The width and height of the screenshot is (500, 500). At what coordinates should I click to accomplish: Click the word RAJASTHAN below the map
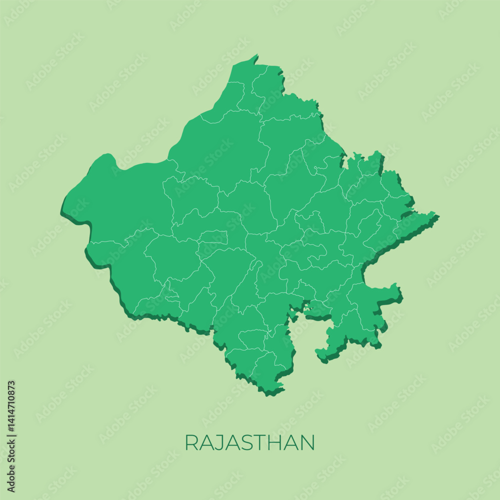point(249,442)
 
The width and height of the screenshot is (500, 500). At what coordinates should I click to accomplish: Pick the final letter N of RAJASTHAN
point(308,442)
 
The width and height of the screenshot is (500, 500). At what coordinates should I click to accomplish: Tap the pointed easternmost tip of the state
point(437,216)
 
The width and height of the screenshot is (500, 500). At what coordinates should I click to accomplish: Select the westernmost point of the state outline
point(63,207)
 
